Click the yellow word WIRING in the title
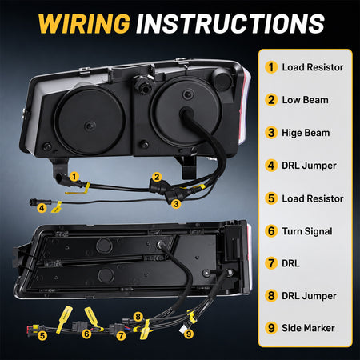tap(84, 23)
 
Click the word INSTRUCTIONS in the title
tap(230, 23)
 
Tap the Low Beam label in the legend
tap(305, 100)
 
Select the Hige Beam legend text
tap(306, 133)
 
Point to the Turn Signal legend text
tap(307, 231)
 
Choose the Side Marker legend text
tap(308, 328)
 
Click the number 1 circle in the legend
tap(271, 67)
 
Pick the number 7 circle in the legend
tap(271, 263)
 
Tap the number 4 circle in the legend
tap(271, 166)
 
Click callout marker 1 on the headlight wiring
tap(74, 176)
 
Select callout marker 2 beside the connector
tap(157, 177)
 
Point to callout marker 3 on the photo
tap(176, 204)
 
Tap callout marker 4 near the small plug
tap(42, 207)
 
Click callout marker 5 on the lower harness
tap(42, 335)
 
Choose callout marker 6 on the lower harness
tap(86, 334)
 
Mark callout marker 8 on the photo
tap(138, 317)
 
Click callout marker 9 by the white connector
tap(189, 334)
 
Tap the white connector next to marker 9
tap(183, 328)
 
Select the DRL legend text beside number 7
tap(290, 263)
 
